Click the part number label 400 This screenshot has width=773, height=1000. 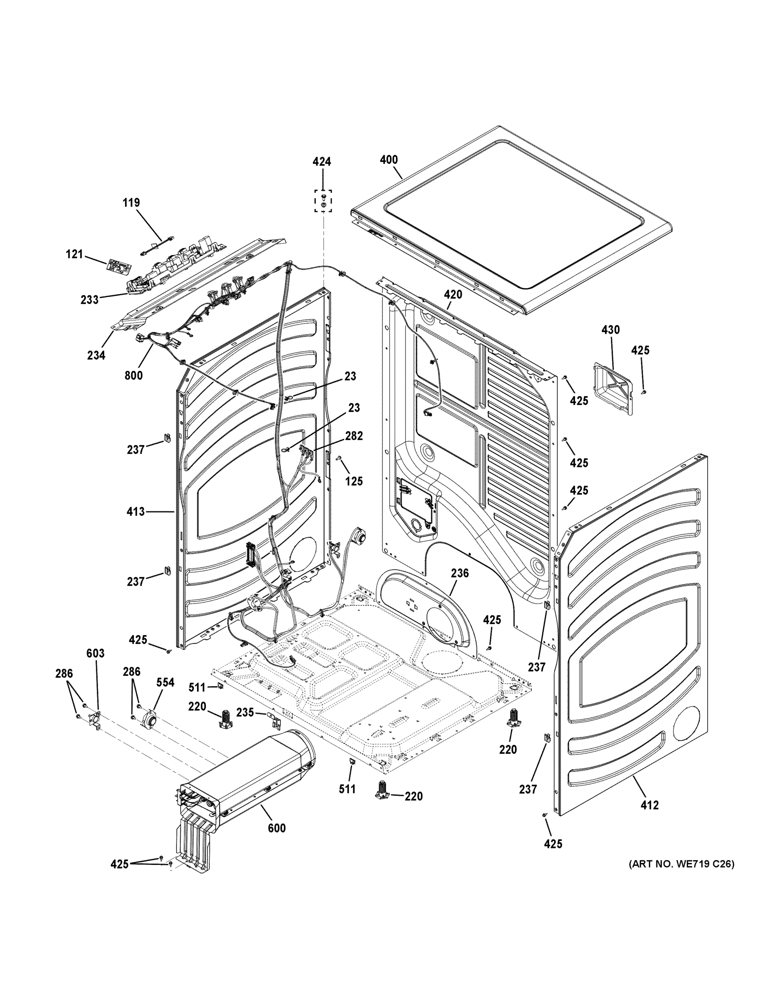389,160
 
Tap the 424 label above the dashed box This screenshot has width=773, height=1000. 322,162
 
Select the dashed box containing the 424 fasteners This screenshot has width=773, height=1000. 323,201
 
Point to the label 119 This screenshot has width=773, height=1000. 131,202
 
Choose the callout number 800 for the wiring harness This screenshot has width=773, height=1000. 133,375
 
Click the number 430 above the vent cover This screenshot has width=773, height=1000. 610,330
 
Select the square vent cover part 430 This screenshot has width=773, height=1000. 614,387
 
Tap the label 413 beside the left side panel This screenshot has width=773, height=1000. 135,511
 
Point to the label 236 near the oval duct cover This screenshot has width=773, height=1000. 460,573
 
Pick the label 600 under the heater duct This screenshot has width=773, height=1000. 277,828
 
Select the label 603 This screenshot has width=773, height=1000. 95,654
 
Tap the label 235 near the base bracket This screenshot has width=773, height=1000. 245,712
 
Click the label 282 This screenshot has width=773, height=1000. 353,436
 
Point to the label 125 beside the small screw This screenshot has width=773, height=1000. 354,481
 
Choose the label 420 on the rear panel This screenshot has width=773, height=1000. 453,295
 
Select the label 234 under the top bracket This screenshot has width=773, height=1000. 96,355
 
